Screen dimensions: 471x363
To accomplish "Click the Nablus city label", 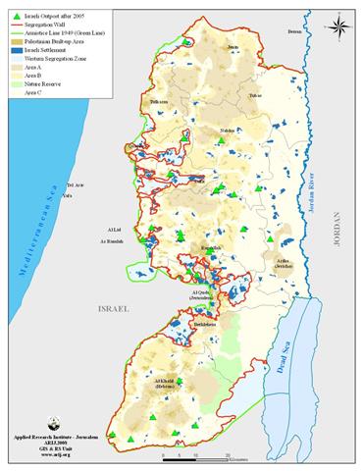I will [200, 130].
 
